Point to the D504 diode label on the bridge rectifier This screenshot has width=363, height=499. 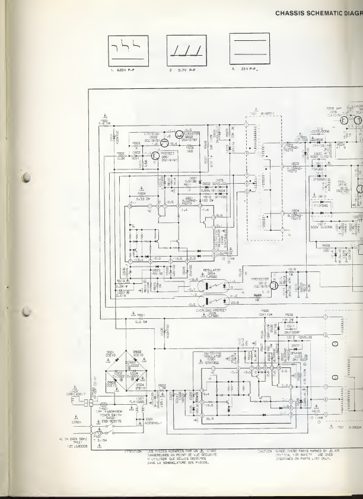pyautogui.click(x=140, y=386)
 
